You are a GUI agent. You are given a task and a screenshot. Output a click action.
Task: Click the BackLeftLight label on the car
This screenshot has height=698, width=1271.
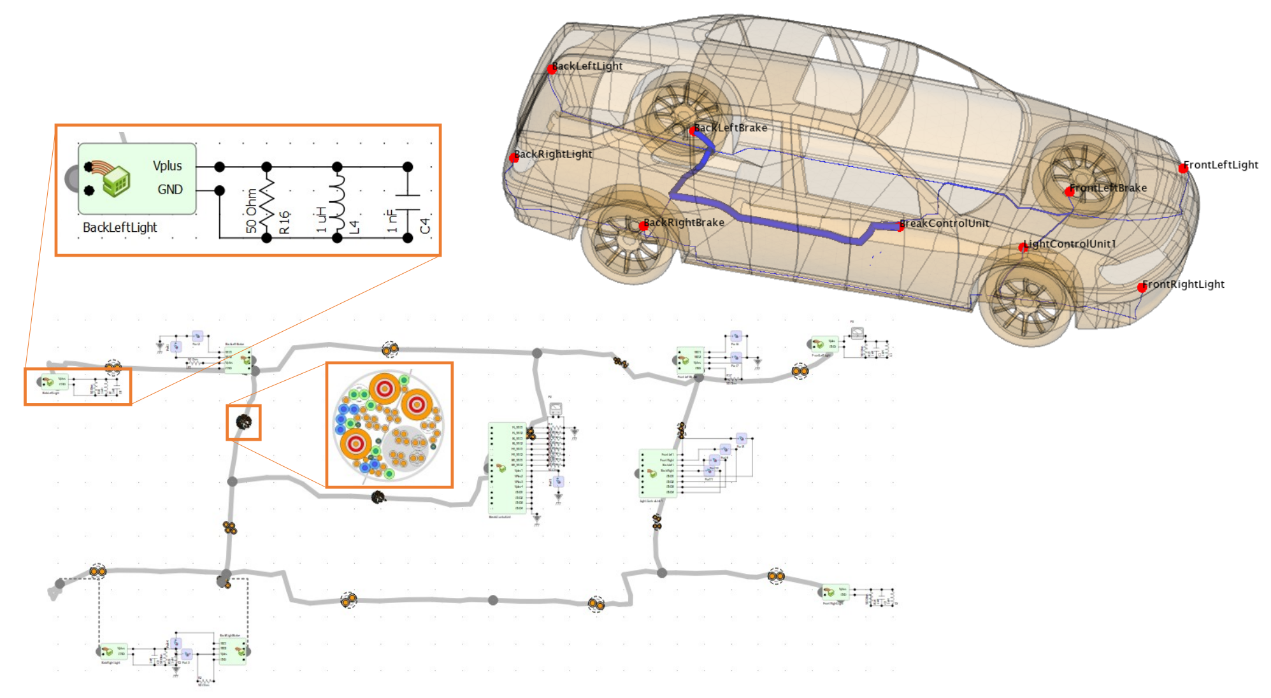pyautogui.click(x=587, y=66)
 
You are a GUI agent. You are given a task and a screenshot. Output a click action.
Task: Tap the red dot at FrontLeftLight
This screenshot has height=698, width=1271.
pyautogui.click(x=1182, y=169)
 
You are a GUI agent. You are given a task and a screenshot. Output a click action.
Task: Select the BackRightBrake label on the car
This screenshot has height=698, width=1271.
pyautogui.click(x=684, y=223)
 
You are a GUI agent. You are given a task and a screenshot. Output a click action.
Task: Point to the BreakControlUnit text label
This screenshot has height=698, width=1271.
pyautogui.click(x=944, y=224)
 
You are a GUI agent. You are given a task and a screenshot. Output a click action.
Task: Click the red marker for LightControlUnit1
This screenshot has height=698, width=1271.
pyautogui.click(x=1023, y=248)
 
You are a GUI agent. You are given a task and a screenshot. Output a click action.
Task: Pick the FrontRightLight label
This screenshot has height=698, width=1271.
pyautogui.click(x=1183, y=285)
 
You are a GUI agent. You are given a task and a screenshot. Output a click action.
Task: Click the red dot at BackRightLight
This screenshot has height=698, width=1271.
pyautogui.click(x=513, y=158)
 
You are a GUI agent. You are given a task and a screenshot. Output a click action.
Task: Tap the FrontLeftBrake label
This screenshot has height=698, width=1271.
pyautogui.click(x=1108, y=189)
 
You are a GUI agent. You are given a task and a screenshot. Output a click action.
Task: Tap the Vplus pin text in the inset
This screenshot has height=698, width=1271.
pyautogui.click(x=167, y=166)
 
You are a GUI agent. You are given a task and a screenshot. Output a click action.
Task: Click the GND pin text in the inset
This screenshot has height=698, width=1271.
pyautogui.click(x=170, y=190)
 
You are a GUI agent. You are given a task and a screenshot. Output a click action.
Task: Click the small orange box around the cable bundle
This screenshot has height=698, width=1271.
pyautogui.click(x=244, y=422)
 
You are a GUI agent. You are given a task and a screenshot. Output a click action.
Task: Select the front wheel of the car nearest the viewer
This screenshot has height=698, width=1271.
pyautogui.click(x=1026, y=300)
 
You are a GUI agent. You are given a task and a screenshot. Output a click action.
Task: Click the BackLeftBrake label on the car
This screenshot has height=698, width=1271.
pyautogui.click(x=730, y=128)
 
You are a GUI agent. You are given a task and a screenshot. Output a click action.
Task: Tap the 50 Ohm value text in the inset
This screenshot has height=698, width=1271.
pyautogui.click(x=251, y=211)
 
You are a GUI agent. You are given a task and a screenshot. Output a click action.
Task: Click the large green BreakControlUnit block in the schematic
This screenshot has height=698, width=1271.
pyautogui.click(x=507, y=467)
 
